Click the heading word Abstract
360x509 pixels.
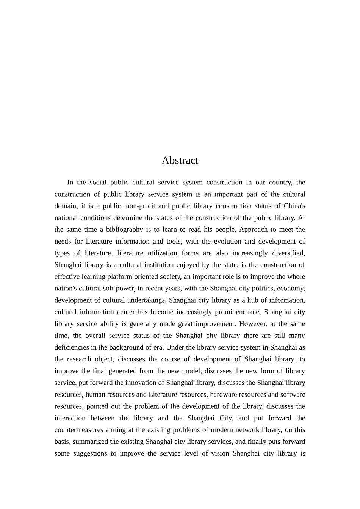click(x=180, y=161)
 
